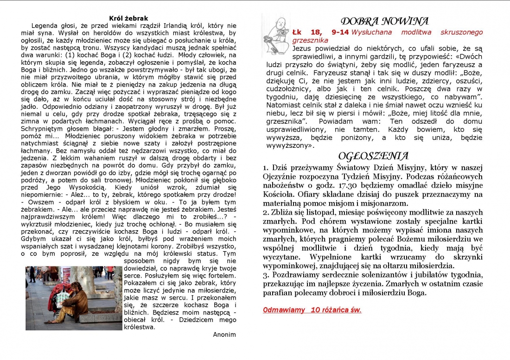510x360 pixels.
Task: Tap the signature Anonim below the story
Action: [x=224, y=335]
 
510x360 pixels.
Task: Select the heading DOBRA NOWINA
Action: [x=384, y=21]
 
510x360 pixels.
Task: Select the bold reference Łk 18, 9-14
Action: [x=320, y=32]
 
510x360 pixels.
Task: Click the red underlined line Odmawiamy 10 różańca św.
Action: [x=312, y=310]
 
